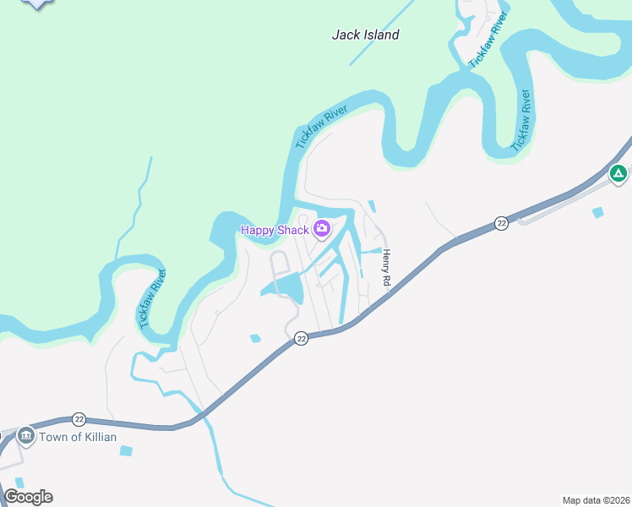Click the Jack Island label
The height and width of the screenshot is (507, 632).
[365, 35]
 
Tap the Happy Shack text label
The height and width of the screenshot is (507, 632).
[275, 230]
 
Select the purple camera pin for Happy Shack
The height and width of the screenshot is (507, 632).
[321, 229]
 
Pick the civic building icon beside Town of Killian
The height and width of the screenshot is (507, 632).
[25, 436]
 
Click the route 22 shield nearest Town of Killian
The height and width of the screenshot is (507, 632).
[79, 419]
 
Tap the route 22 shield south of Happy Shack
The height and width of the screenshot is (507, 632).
[301, 338]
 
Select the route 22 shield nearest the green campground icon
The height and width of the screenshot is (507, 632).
[501, 223]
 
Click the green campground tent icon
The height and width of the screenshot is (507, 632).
[618, 174]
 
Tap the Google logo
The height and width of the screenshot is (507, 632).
[28, 497]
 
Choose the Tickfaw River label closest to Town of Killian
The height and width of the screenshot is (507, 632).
[152, 297]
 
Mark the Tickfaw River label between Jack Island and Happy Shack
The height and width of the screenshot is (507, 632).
[322, 128]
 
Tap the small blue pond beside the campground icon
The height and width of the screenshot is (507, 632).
[598, 212]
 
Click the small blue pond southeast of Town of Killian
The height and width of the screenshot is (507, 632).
[127, 450]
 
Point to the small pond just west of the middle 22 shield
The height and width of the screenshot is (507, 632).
[255, 339]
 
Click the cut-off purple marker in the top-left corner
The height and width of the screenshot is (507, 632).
[37, 3]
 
